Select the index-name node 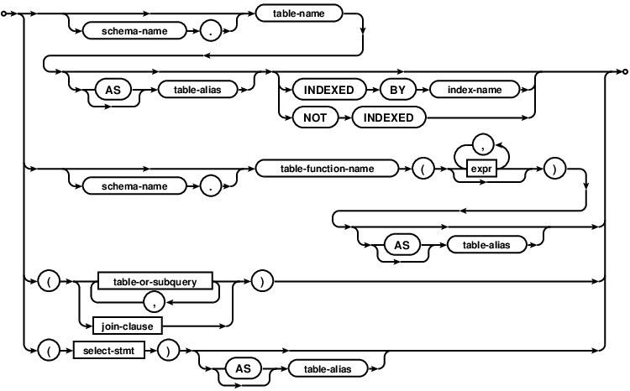click(x=475, y=87)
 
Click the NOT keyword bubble click(x=309, y=117)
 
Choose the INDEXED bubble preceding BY click(x=332, y=87)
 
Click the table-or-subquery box click(x=155, y=282)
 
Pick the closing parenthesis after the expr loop click(x=552, y=168)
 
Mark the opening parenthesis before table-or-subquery click(x=50, y=282)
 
